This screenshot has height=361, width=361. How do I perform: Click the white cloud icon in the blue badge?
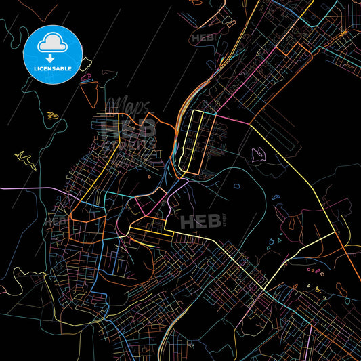(53, 42)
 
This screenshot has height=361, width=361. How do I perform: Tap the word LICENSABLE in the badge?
(53, 68)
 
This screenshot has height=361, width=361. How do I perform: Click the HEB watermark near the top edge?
(203, 39)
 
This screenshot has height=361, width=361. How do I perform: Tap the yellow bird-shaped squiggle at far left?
(25, 159)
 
